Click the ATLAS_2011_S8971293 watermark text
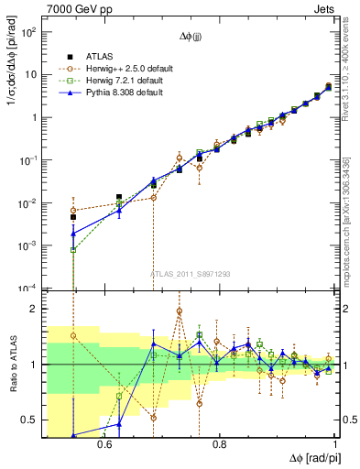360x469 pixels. (191, 274)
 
